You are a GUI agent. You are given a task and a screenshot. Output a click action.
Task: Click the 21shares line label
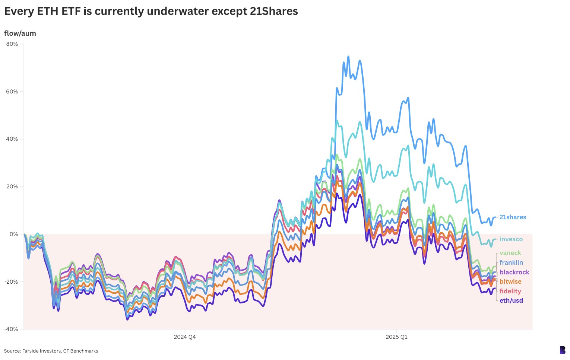pos(513,217)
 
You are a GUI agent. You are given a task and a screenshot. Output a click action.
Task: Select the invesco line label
pos(511,239)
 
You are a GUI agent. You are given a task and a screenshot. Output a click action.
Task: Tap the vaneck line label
pos(510,253)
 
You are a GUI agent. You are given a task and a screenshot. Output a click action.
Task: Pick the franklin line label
pos(511,263)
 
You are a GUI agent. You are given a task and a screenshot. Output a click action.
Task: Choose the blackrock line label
pos(514,273)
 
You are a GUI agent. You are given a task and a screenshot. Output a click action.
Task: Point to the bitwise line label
pos(510,282)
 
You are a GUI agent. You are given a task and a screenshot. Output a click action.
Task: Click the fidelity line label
pos(510,291)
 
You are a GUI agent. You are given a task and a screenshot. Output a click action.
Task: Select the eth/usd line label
pos(511,301)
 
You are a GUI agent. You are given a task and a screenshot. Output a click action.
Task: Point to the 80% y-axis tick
pos(12,44)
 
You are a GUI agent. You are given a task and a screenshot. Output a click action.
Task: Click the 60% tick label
pos(12,92)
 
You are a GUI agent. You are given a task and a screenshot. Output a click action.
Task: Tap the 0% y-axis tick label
pos(13,234)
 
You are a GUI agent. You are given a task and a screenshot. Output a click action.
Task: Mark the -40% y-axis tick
pos(11,329)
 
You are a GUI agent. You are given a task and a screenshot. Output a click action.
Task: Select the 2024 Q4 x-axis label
pos(185,337)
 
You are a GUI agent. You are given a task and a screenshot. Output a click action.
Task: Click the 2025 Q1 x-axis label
pos(396,337)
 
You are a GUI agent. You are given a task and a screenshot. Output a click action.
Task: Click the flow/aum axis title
pos(20,34)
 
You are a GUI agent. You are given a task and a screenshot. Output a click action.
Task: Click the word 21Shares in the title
pos(274,12)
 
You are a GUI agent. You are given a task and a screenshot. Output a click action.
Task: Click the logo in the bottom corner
pos(563,350)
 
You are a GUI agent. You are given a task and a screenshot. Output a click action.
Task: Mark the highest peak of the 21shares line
pos(348,57)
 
